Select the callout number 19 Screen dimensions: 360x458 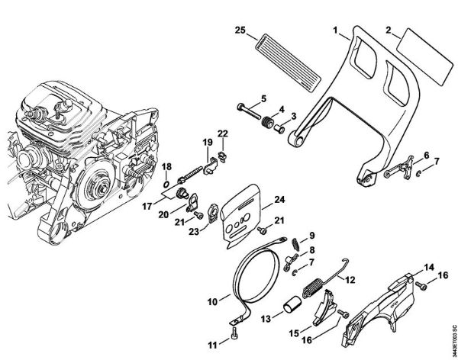(206, 143)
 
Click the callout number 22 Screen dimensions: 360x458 (223, 134)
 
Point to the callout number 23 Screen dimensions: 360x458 (194, 233)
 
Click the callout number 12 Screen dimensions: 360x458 (350, 280)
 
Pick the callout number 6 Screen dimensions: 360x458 (425, 155)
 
